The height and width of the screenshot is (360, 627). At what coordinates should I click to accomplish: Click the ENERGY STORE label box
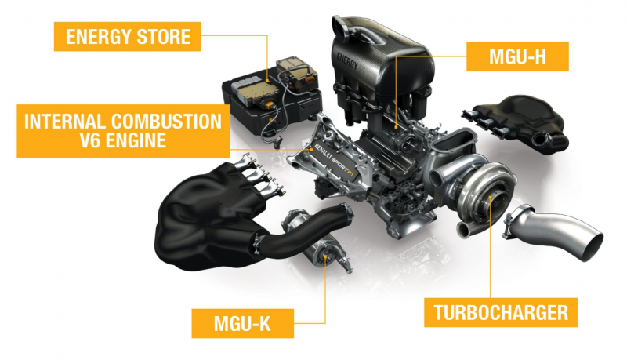click(127, 36)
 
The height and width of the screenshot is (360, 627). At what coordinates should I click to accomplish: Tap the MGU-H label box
click(517, 56)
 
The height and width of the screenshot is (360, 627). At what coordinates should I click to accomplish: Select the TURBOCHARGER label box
click(501, 312)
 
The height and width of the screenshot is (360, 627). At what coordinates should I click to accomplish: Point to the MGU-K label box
click(243, 323)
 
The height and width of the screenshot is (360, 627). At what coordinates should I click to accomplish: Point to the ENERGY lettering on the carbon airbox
click(347, 61)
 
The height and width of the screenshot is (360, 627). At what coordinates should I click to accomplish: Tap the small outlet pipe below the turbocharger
click(464, 229)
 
